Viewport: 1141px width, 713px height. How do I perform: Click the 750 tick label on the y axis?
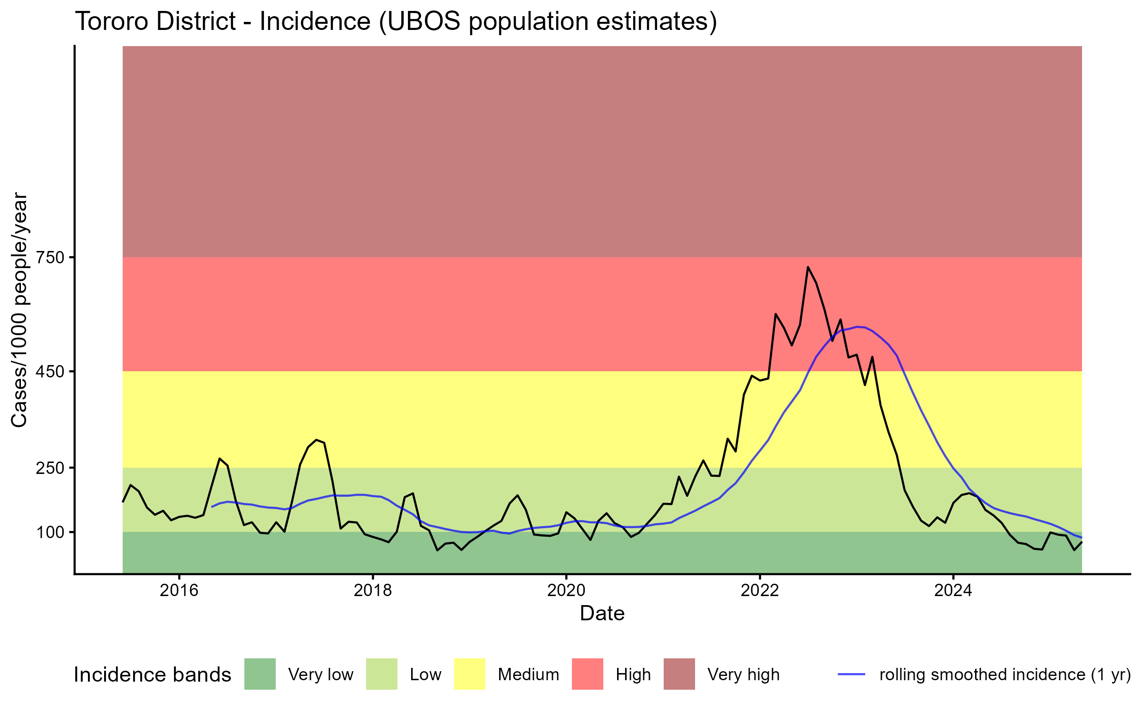coord(50,258)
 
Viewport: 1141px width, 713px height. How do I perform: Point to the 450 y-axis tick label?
coord(50,371)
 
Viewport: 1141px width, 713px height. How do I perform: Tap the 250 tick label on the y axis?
coord(50,468)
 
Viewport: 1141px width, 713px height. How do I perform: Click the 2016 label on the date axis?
coord(179,590)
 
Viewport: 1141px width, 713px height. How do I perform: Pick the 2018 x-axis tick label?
coord(373,590)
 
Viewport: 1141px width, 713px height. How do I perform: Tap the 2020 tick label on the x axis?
coord(566,590)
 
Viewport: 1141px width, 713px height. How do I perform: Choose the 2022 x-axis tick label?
coord(760,590)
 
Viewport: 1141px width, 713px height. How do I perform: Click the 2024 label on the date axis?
coord(953,590)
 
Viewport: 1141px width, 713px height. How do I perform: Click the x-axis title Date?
coord(602,614)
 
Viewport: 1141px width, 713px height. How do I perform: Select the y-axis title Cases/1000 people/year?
coord(19,309)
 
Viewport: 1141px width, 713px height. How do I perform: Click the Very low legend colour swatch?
coord(260,674)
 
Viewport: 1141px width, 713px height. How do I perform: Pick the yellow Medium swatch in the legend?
coord(470,674)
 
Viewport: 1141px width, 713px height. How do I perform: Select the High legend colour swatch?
coord(588,674)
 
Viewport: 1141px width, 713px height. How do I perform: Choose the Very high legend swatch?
coord(679,674)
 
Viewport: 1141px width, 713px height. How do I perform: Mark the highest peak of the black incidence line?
coord(808,267)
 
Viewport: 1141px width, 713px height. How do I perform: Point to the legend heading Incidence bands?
coord(152,675)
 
